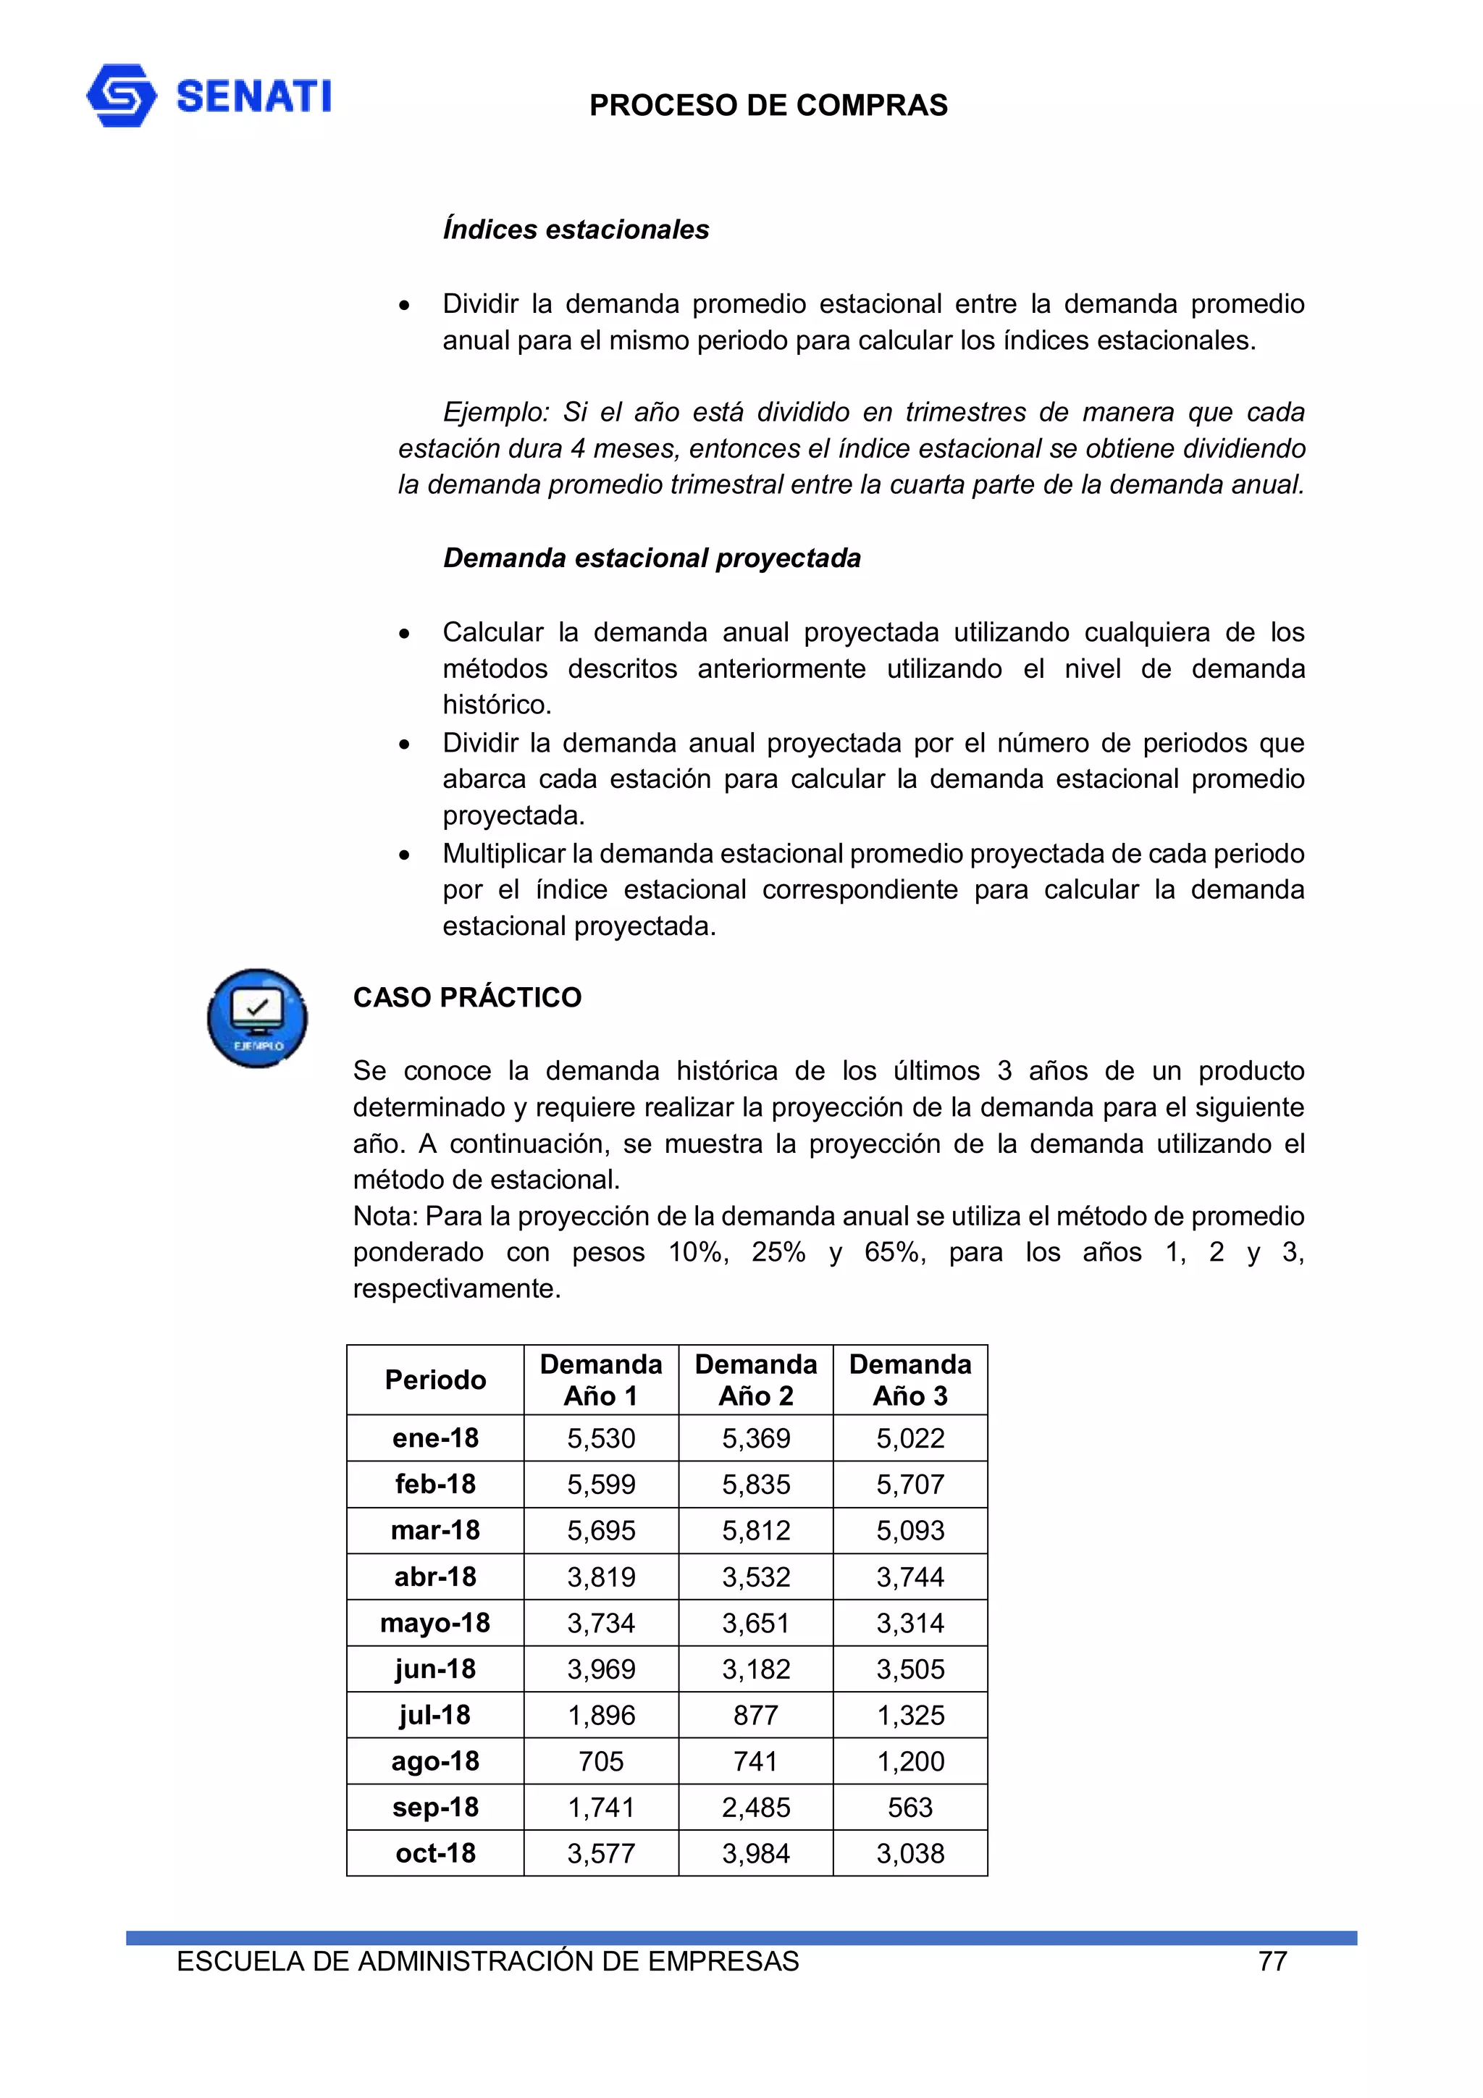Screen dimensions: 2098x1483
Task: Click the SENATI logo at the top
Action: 209,96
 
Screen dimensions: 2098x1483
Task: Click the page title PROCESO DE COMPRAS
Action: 768,106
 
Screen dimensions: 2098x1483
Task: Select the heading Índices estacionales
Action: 576,230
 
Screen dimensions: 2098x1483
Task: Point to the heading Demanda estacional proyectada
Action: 652,558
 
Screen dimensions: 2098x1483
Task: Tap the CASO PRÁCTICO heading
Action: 467,997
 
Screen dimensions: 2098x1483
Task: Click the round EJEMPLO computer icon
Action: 257,1018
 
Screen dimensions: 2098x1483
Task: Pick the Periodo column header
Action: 435,1380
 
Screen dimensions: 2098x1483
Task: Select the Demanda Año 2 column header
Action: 756,1380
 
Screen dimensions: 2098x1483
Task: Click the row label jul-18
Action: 435,1715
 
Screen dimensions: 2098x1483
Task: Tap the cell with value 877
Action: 756,1715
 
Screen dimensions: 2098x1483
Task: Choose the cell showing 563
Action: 910,1808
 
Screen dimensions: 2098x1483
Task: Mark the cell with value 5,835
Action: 756,1484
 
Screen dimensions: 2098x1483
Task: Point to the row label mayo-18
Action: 435,1623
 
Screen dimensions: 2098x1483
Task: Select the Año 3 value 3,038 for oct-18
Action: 910,1853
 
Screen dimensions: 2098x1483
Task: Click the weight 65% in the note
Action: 894,1252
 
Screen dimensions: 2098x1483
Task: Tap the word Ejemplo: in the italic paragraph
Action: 495,412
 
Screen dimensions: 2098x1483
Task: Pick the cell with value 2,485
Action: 756,1808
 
